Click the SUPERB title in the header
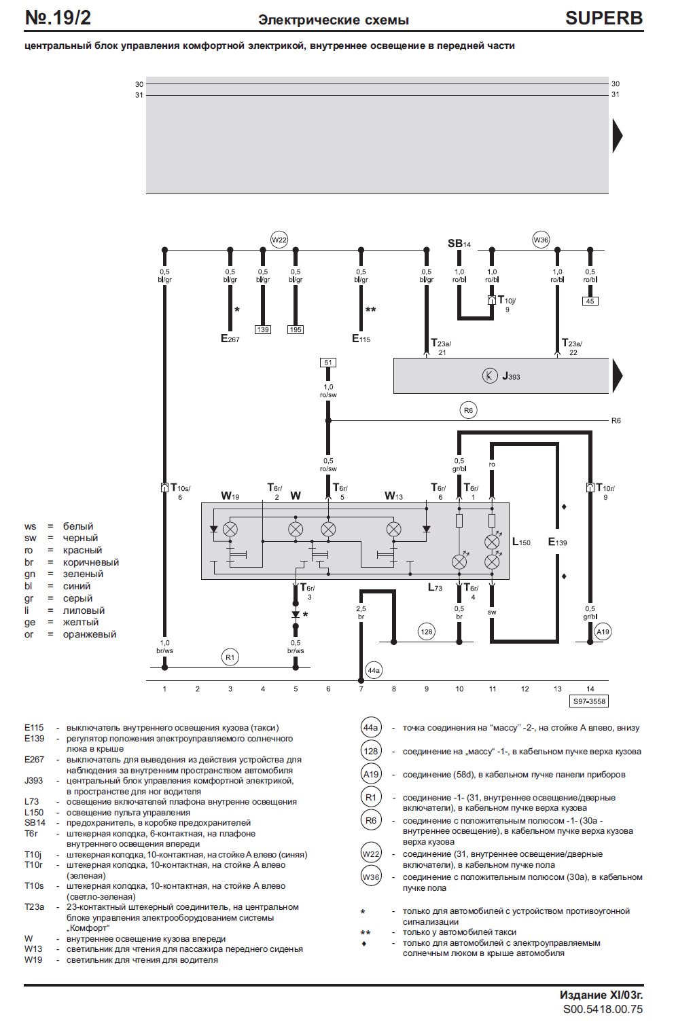click(x=603, y=18)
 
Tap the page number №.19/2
click(x=58, y=18)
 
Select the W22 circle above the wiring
click(x=279, y=240)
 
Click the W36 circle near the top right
click(x=541, y=240)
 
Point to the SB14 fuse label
click(x=459, y=243)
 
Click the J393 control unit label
click(x=510, y=376)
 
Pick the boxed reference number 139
click(x=263, y=330)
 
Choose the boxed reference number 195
click(x=296, y=330)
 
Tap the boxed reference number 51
click(x=328, y=363)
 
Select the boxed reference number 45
click(x=590, y=301)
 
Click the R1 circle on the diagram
click(x=230, y=657)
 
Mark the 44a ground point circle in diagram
click(x=374, y=670)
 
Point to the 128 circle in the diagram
click(x=427, y=632)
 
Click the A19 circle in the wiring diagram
click(x=603, y=632)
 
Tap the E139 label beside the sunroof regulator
click(x=557, y=542)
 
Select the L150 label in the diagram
click(x=521, y=542)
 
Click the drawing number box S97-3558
click(x=589, y=701)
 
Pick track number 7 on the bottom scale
click(x=361, y=689)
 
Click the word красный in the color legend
click(x=82, y=551)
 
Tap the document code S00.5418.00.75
click(x=603, y=1010)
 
